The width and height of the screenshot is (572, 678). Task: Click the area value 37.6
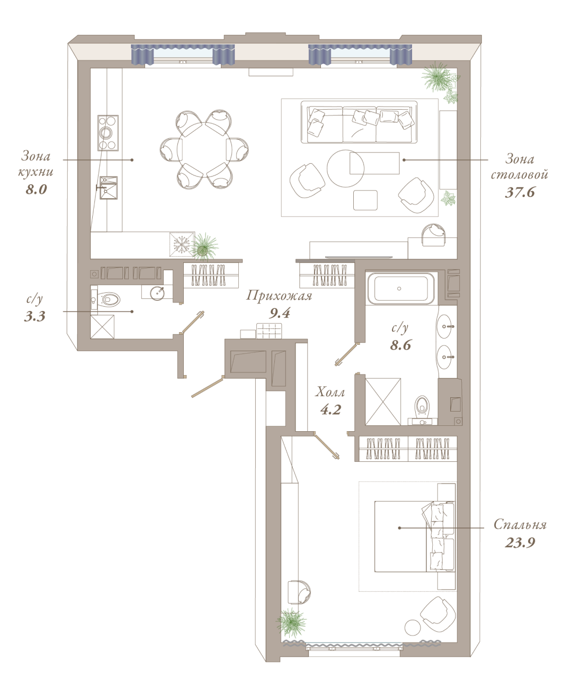point(520,192)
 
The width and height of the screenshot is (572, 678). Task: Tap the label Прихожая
point(279,296)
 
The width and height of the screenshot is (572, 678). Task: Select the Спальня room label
point(520,524)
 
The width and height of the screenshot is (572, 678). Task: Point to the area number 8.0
point(37,189)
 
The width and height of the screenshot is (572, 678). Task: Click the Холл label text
point(330,392)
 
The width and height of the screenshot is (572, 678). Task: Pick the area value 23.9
point(520,542)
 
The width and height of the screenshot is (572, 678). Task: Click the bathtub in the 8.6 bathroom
point(401,288)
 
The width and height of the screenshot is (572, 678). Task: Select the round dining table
point(204,150)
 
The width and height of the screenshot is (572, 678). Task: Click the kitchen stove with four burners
point(108,132)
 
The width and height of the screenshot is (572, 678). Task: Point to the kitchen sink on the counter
point(109,188)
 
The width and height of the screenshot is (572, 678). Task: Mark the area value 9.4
point(280,313)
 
